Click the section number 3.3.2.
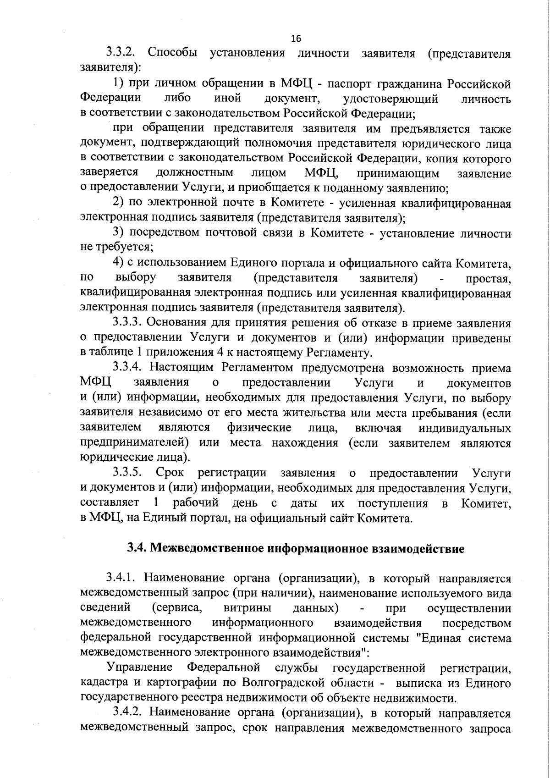click(x=123, y=53)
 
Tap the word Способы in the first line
click(x=173, y=53)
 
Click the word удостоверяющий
click(x=390, y=99)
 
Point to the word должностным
click(x=194, y=173)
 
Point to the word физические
click(x=259, y=428)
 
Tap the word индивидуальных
click(x=465, y=428)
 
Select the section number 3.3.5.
click(x=128, y=473)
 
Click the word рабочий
click(x=195, y=503)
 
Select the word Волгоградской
click(x=281, y=683)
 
